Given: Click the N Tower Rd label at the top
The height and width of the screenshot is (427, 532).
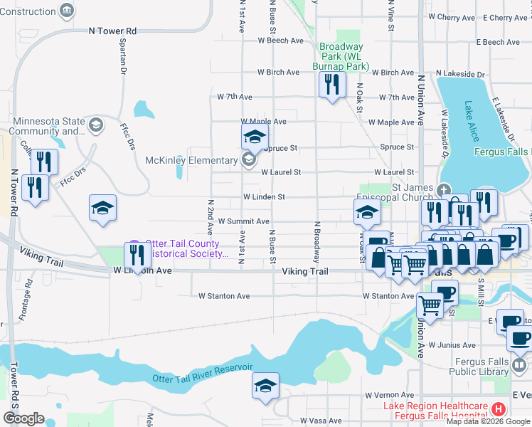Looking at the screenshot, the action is coord(112,31).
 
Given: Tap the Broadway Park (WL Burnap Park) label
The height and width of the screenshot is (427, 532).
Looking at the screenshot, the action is coord(341,57).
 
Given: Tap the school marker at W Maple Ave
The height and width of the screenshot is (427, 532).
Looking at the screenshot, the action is coord(255,137).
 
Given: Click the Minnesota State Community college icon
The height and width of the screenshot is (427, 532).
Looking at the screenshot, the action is coord(95,126).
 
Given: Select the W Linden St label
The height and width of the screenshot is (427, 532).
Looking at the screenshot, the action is coord(264,197).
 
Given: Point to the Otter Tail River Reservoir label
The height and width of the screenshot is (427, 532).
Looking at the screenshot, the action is coord(203,372).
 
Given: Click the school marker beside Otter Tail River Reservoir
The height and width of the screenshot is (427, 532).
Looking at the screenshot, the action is coord(266,386).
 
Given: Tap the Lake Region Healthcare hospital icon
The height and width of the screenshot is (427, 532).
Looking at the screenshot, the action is coord(499,409).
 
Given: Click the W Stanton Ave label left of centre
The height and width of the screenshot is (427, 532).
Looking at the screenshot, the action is coord(223,296).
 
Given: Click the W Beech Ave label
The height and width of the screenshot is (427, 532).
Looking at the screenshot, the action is coord(280,41).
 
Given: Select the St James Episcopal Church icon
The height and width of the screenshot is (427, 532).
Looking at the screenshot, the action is coord(444,190).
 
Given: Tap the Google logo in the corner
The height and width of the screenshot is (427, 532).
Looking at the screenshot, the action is coord(23,418).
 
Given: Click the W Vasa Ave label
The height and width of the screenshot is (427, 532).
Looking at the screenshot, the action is coord(324,421).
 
